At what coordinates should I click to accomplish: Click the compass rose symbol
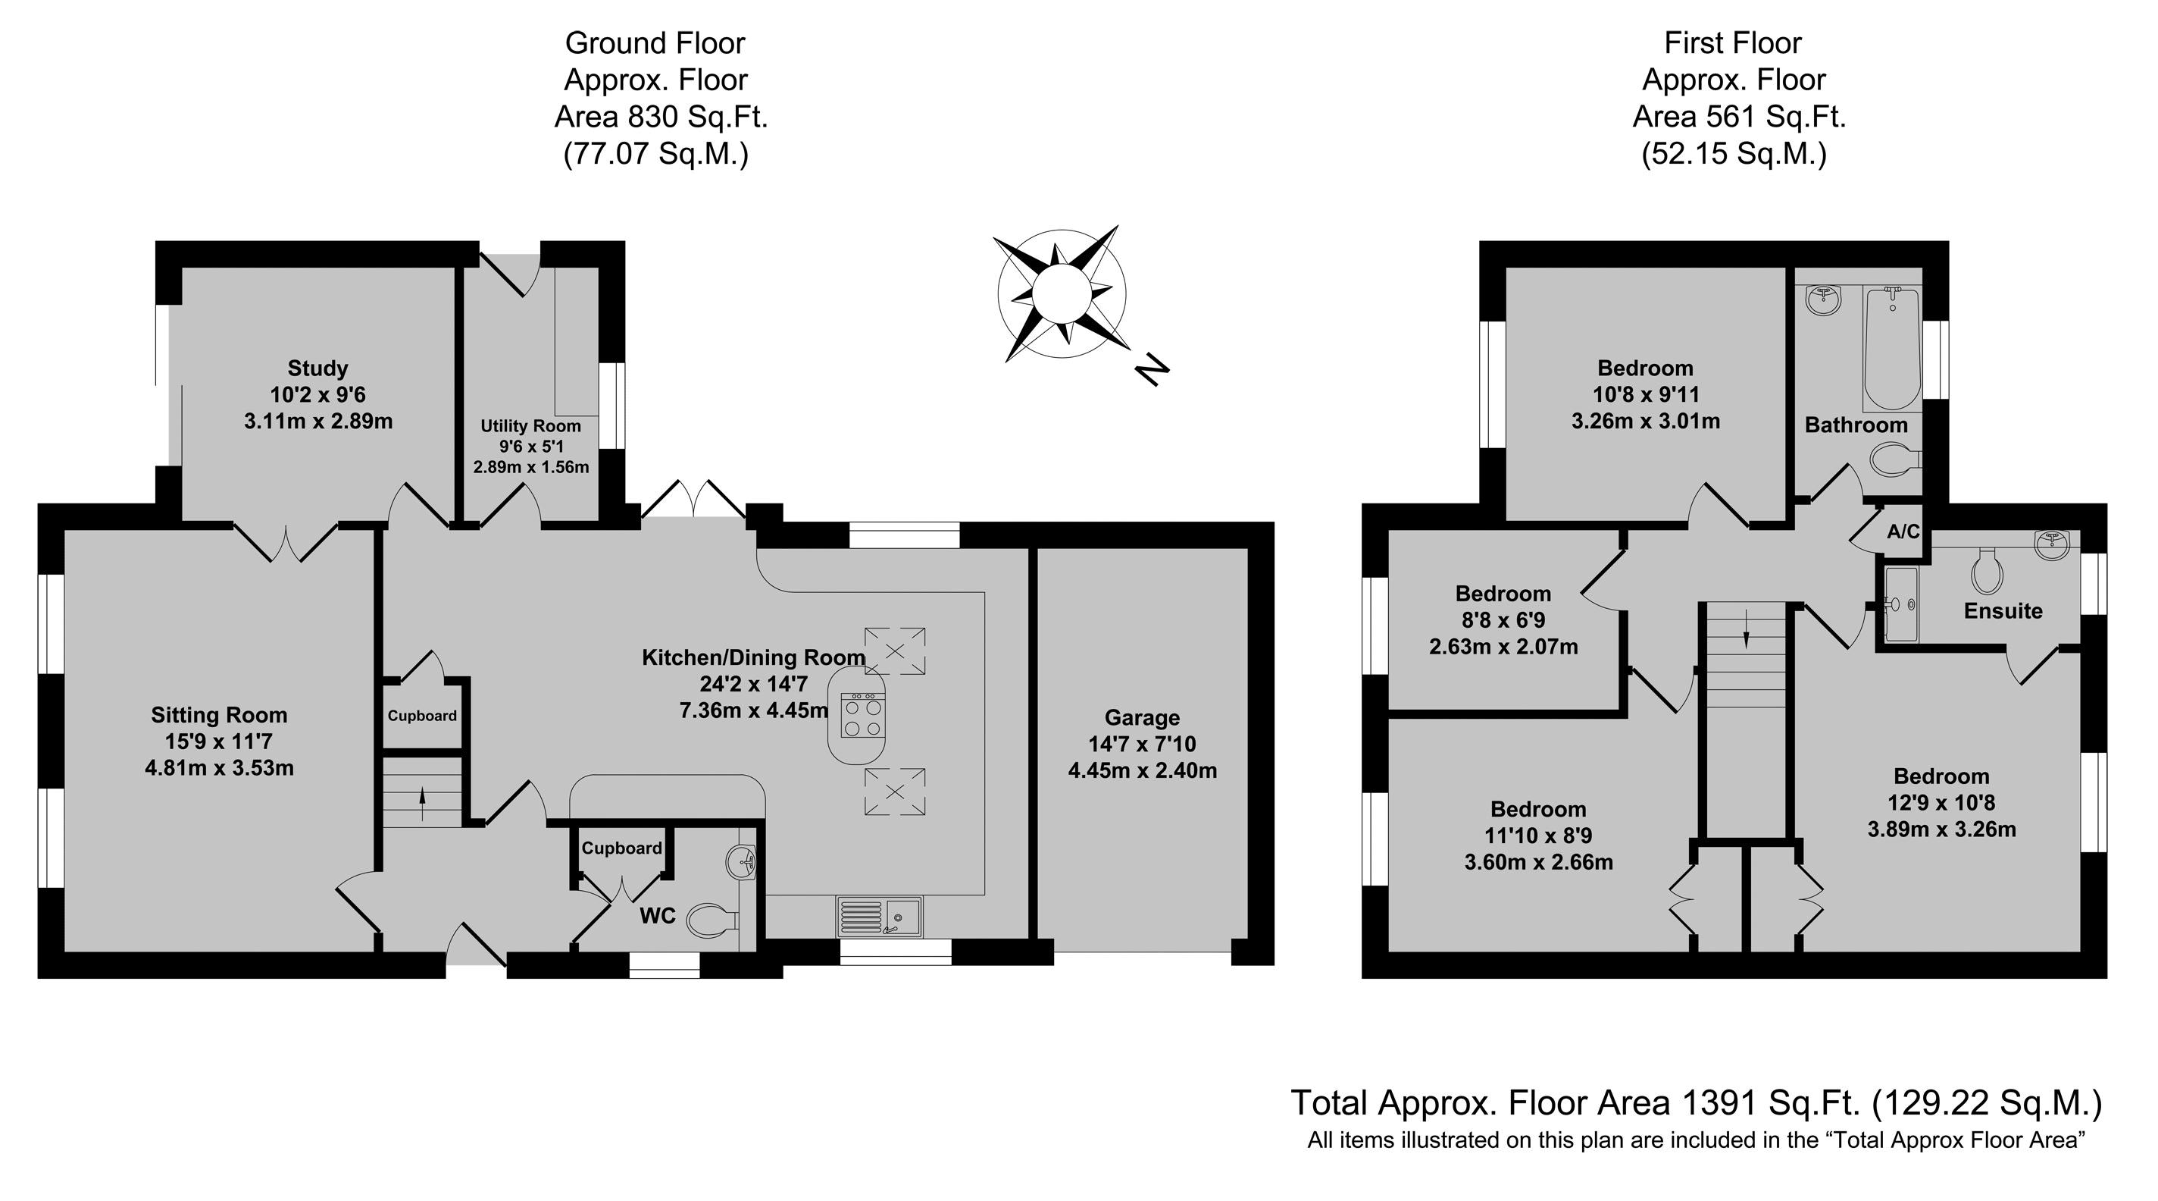click(1062, 293)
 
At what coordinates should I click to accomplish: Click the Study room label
click(317, 368)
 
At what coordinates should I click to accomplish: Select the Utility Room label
click(530, 426)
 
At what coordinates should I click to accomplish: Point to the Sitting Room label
click(220, 715)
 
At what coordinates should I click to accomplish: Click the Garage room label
click(1142, 717)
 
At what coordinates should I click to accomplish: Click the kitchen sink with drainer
click(879, 916)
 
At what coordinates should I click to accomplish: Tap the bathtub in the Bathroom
click(1891, 348)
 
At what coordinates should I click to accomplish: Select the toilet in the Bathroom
click(1894, 459)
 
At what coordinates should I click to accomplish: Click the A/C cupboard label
click(1903, 532)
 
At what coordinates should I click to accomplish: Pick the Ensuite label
click(2002, 611)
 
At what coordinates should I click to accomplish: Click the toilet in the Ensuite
click(1987, 572)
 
